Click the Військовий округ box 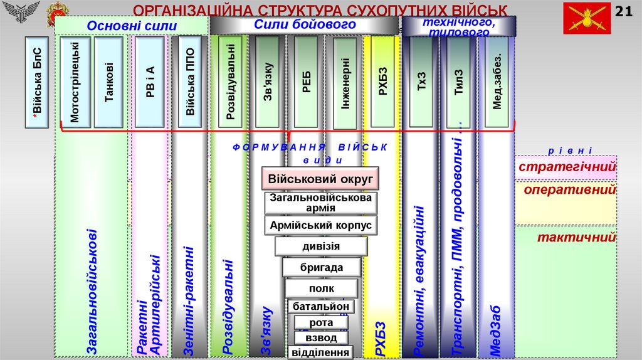coord(320,179)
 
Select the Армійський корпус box coord(321,225)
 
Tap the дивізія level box coord(321,246)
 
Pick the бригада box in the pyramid coord(321,267)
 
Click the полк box coord(321,289)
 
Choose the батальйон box coord(321,307)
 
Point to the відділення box coord(321,352)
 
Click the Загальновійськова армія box coord(321,203)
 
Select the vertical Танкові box coord(109,82)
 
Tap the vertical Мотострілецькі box coord(75,82)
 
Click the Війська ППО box coord(190,82)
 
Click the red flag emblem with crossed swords coord(588,18)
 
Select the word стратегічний coord(567,167)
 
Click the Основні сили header coord(132,26)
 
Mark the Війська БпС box coord(38,82)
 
